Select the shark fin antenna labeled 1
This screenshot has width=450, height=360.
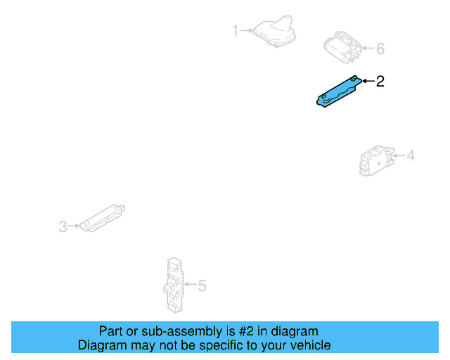(x=275, y=32)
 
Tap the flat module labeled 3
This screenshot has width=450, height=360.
(x=103, y=217)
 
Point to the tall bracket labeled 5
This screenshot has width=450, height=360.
(x=173, y=284)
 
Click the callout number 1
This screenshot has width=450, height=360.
(x=236, y=30)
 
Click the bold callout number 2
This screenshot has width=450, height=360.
(x=380, y=82)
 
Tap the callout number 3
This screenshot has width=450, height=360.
(x=62, y=226)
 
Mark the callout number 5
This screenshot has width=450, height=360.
(x=202, y=285)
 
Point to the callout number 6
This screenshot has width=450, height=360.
(x=380, y=49)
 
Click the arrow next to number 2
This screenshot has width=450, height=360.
(x=367, y=82)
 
